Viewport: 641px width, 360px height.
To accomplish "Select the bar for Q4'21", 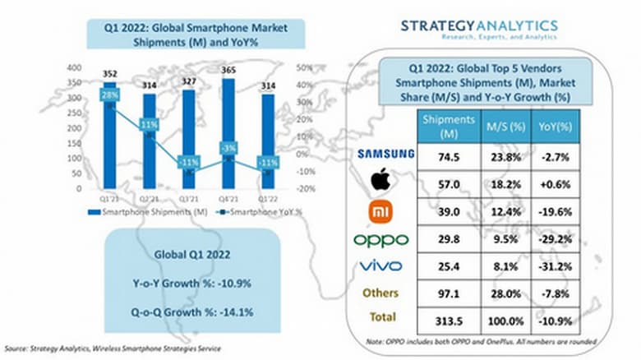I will pos(228,132).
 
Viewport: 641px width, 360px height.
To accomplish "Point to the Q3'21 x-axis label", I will pos(188,198).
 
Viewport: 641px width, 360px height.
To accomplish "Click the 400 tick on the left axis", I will pos(74,67).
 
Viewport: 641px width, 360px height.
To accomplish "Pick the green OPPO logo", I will pos(380,239).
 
